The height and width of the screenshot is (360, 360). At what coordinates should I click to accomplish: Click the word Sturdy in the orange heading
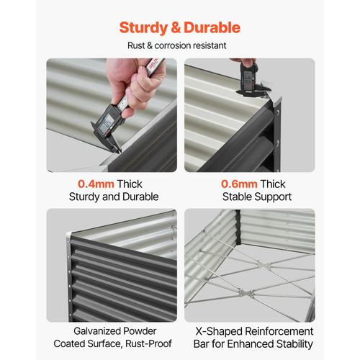point(143,28)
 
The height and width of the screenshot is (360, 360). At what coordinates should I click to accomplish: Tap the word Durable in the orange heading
point(212,27)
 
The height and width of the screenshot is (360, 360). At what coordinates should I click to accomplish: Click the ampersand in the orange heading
point(176,27)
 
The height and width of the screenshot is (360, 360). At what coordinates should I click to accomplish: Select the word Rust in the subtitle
point(136,45)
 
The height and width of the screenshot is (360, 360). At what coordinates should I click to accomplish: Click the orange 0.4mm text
point(96,184)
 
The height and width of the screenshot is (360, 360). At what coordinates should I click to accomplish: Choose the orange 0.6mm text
point(239,184)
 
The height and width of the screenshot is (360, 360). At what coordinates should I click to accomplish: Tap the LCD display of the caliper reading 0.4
point(107,124)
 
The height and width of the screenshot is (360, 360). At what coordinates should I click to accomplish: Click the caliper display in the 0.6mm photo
point(248,78)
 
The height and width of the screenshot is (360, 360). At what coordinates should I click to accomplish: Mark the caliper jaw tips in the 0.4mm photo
point(118,151)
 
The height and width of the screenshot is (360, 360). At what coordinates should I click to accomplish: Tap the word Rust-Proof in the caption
point(148,343)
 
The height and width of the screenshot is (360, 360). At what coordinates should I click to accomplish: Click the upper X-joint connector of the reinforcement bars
point(265,266)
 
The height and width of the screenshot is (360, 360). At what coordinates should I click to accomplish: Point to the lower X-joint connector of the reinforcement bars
point(247,293)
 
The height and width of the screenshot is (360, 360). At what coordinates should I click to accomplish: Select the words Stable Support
point(257,197)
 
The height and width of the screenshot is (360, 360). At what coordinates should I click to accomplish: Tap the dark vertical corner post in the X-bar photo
point(238,227)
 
